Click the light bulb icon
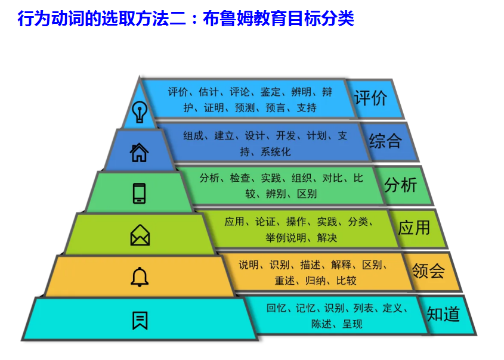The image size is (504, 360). (x=140, y=111)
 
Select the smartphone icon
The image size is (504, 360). (x=140, y=193)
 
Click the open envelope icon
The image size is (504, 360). (x=140, y=235)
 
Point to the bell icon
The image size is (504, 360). (x=140, y=277)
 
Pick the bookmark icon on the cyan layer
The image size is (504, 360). (x=140, y=320)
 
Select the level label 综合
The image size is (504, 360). (x=385, y=141)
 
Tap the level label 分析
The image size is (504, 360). (x=401, y=185)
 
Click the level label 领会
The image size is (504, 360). (x=429, y=271)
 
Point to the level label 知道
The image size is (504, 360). (x=443, y=314)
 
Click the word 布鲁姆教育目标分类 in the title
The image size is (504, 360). (x=283, y=19)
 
